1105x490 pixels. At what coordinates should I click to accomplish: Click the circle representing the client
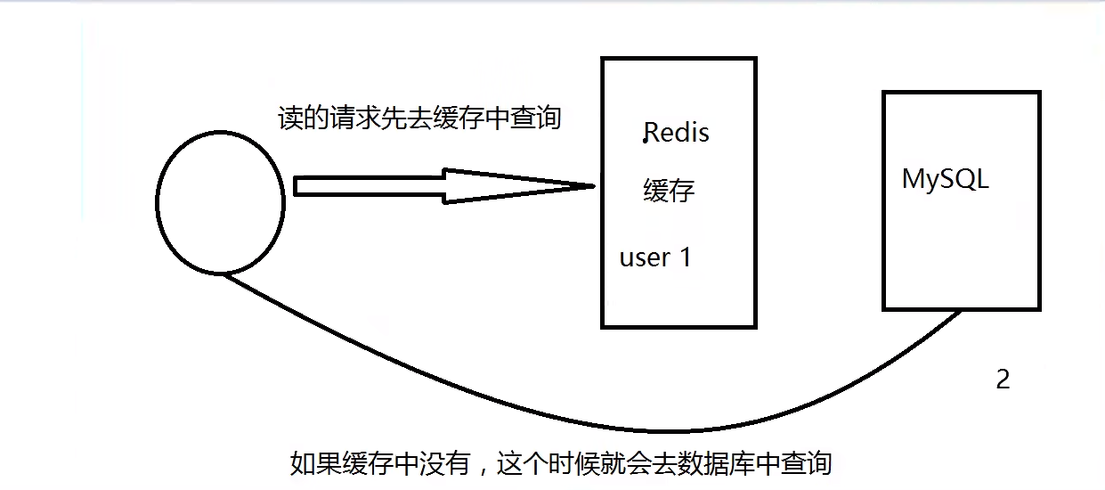click(x=220, y=202)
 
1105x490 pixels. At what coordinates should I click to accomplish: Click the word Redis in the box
click(x=677, y=133)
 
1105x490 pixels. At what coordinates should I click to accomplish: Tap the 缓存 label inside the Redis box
click(x=669, y=190)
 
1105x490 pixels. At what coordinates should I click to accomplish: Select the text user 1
click(x=655, y=257)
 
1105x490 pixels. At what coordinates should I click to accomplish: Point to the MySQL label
click(x=946, y=179)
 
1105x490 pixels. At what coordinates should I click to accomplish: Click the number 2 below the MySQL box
click(x=1003, y=380)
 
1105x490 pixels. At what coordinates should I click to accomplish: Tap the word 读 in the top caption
click(x=291, y=118)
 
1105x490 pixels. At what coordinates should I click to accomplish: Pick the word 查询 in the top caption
click(x=534, y=118)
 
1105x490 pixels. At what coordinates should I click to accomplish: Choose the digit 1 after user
click(x=685, y=257)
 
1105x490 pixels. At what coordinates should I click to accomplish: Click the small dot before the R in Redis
click(x=644, y=141)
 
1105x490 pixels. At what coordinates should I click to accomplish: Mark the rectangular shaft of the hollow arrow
click(x=370, y=185)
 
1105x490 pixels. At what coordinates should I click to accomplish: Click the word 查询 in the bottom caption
click(x=806, y=463)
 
